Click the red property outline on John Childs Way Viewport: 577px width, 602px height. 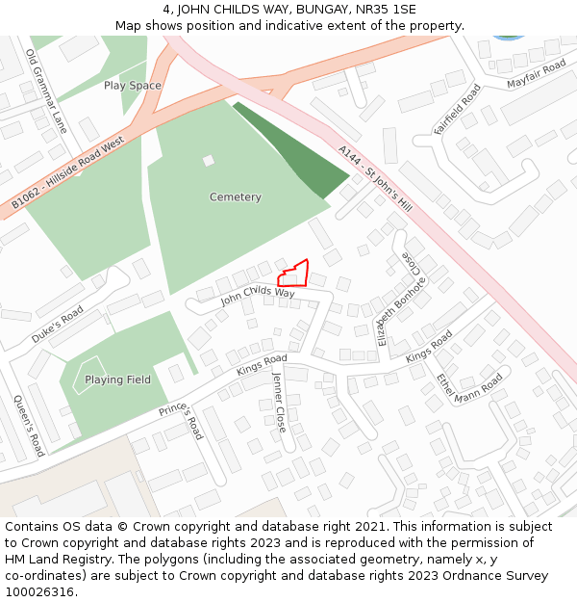point(294,275)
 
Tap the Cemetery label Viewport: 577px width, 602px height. point(236,197)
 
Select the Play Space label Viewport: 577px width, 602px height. point(133,86)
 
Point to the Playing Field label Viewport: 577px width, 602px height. point(117,380)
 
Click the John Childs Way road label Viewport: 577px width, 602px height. point(258,296)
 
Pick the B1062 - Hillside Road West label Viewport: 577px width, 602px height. point(68,173)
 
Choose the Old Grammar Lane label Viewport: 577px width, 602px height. point(46,92)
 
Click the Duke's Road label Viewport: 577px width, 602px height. point(57,326)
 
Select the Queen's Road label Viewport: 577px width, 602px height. point(29,426)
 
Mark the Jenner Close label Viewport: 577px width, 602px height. point(279,402)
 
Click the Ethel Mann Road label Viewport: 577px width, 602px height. point(469,388)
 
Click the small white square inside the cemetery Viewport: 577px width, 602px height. point(209,161)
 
